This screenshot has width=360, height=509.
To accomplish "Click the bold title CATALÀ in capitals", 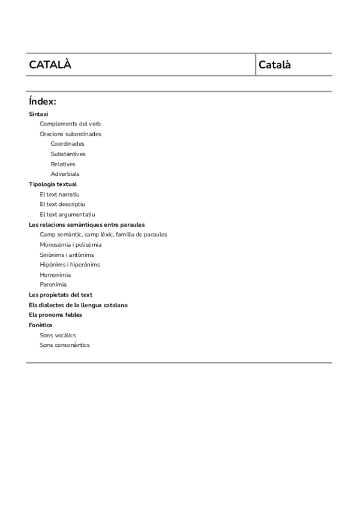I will click(x=50, y=65).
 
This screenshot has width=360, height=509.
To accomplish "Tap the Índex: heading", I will click(x=42, y=101).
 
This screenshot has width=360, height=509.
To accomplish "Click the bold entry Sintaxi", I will click(x=38, y=113).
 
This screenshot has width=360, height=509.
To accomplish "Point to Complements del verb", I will click(x=70, y=124).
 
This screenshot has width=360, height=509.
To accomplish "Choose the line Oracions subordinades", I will click(x=70, y=134).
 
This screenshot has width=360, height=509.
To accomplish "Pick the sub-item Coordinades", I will click(x=67, y=144).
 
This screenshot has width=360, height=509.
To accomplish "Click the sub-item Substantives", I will click(x=68, y=154).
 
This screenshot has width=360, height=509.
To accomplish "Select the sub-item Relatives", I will click(x=63, y=164).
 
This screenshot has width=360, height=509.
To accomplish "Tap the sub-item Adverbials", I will click(x=65, y=174).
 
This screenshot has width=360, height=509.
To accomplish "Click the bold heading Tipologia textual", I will click(x=53, y=184).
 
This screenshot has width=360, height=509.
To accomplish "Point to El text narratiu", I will click(x=59, y=194).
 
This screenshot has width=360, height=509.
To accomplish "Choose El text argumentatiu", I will click(x=67, y=214).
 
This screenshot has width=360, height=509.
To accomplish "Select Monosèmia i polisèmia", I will click(x=70, y=244).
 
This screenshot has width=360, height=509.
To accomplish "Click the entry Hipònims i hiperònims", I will click(x=70, y=265).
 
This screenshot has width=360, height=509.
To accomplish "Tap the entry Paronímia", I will click(x=53, y=285).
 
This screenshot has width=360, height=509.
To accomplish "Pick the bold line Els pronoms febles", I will click(x=55, y=315).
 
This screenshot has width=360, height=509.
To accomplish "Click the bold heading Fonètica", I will click(x=40, y=325).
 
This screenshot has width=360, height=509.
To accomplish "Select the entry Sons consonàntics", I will click(x=65, y=345).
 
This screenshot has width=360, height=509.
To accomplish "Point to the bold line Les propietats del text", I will click(x=61, y=295).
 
